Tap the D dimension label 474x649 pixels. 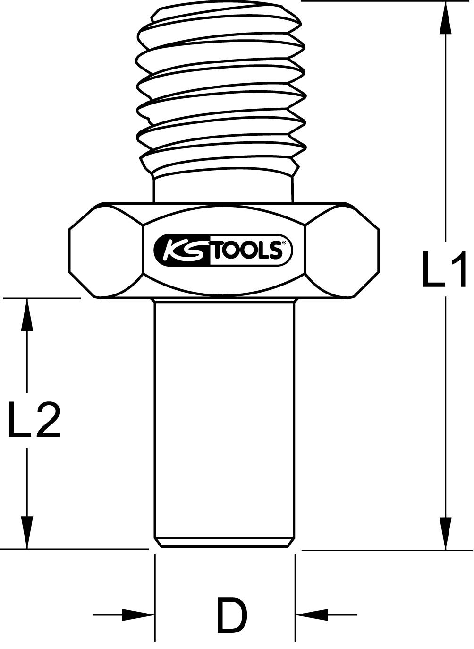pos(231,615)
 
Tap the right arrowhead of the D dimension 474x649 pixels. pos(312,615)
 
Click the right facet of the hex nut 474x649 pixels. pos(343,251)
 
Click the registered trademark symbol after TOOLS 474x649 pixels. pos(284,243)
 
